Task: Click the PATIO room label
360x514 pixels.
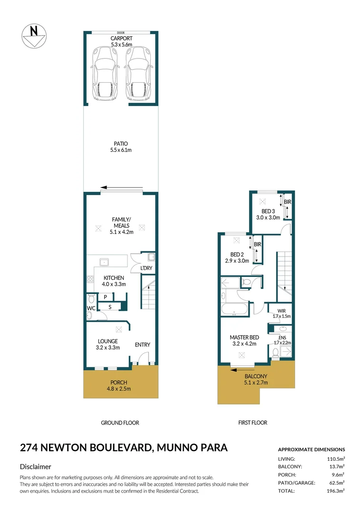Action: (x=121, y=144)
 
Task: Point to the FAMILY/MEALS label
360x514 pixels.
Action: (x=121, y=222)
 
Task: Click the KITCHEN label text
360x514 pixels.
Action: (x=114, y=278)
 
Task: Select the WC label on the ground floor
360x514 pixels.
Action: (x=91, y=308)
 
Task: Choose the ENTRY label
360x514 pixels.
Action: (x=142, y=345)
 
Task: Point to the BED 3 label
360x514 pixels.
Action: (x=268, y=211)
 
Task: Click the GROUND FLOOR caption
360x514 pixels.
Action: (x=120, y=423)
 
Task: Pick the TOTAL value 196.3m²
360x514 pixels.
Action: (x=335, y=491)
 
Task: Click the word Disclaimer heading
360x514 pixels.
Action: (x=35, y=467)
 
